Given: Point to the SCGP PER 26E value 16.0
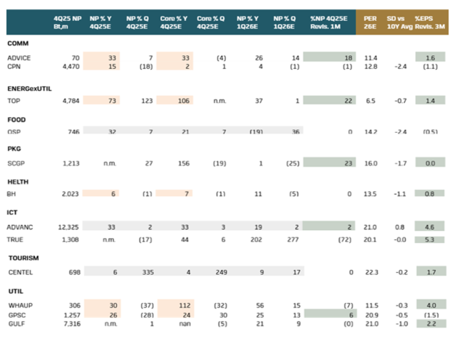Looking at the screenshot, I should coord(371,164).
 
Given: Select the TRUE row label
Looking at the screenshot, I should coord(15,238).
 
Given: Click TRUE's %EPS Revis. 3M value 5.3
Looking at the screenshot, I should coord(429,238).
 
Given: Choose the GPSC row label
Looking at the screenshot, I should coord(16,315).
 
